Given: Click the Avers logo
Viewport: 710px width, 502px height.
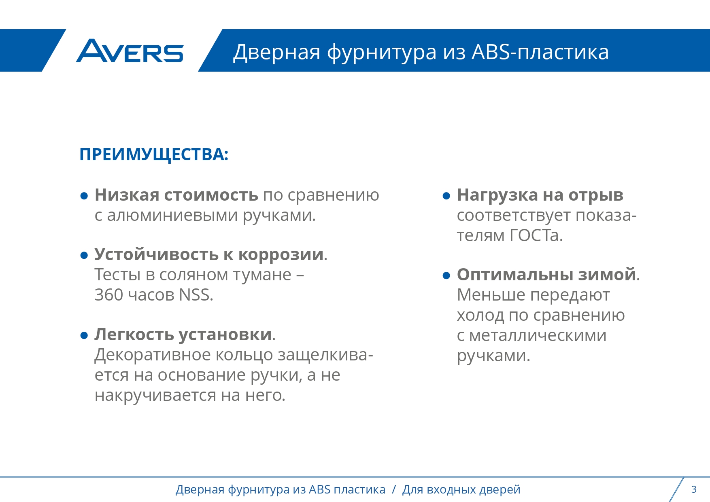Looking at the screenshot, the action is point(130,51).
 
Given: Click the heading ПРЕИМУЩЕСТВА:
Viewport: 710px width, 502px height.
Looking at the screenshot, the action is point(154,155).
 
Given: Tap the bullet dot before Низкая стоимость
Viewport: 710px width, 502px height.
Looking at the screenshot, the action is point(84,196).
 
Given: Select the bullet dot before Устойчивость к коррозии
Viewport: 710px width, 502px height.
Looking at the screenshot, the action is point(84,256).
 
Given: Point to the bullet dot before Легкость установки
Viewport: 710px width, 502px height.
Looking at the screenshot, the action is point(84,335).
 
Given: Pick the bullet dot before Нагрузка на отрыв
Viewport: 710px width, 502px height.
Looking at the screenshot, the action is point(446,196).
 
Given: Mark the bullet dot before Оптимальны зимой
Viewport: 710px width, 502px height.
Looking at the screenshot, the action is point(446,276).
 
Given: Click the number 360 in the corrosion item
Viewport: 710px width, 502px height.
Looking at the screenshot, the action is point(109,295).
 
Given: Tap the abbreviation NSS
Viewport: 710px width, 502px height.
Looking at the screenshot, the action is point(196,295).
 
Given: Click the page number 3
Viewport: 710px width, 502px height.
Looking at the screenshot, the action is point(694,489).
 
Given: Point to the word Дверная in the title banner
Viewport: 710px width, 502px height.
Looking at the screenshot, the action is point(276,52).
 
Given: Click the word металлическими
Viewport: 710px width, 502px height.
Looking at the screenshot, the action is point(538,335).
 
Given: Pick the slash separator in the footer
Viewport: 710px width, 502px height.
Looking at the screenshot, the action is point(394,489).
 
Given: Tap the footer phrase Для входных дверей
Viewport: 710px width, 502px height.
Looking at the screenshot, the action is point(461,489).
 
